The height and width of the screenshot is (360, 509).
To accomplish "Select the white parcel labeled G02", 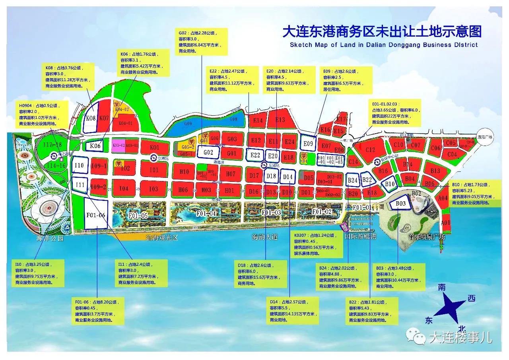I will click(x=208, y=153).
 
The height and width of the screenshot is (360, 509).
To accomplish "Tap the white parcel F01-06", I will click(x=96, y=215).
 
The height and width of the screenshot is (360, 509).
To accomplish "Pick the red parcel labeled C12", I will click(x=370, y=150).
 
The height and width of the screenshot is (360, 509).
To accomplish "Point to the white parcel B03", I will click(x=401, y=204).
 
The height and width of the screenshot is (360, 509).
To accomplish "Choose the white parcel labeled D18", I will click(x=271, y=176).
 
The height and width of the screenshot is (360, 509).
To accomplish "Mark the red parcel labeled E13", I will click(x=280, y=120).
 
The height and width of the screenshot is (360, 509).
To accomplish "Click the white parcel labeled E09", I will click(x=309, y=144).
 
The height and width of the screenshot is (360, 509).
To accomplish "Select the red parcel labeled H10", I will click(x=184, y=172).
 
